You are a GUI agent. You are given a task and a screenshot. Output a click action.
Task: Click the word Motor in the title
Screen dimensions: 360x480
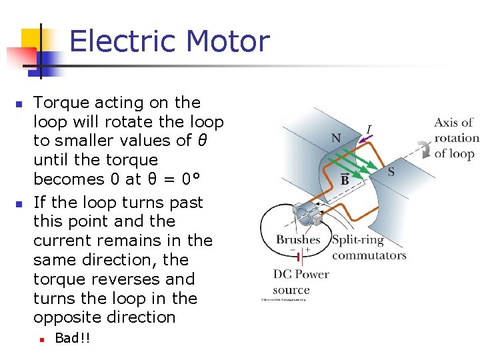[x=227, y=41]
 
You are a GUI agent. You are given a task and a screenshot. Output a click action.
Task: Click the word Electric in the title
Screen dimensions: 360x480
[x=124, y=41]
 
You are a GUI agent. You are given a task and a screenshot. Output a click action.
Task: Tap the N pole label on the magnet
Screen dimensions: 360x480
[x=336, y=139]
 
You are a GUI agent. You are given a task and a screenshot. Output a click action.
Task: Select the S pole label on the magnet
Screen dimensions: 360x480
[x=391, y=172]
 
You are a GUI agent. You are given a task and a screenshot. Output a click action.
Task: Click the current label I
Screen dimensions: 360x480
[x=369, y=128]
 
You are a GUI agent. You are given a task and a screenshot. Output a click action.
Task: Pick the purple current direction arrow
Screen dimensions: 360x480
[x=364, y=138]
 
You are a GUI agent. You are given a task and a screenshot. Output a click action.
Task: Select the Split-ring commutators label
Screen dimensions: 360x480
[x=368, y=247]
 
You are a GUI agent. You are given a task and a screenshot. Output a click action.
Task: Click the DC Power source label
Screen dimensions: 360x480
[x=301, y=282]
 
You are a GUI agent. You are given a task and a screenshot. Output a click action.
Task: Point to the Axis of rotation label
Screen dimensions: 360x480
[x=456, y=138]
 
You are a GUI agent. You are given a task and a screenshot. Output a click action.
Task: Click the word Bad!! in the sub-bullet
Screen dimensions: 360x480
[x=72, y=338]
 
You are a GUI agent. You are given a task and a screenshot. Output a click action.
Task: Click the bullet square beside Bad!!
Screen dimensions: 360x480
[x=41, y=339]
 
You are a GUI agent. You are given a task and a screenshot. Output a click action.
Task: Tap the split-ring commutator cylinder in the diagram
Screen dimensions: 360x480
[x=308, y=214]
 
